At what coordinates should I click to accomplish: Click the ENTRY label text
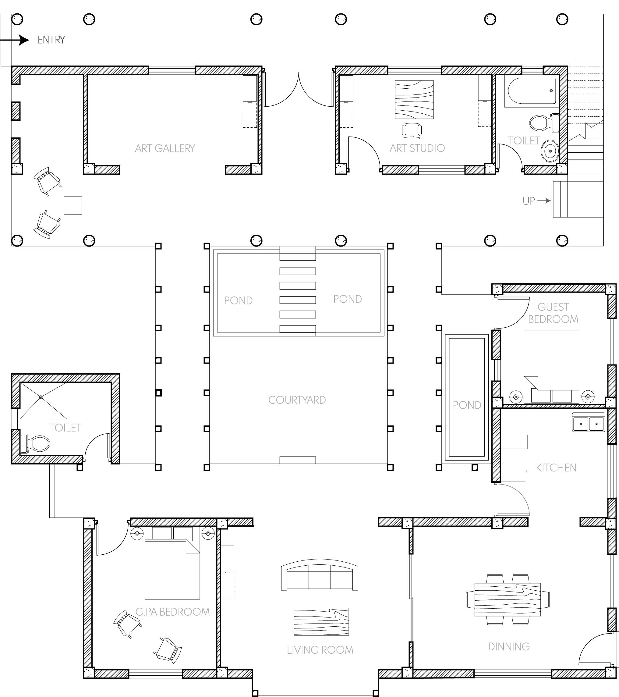tap(51, 40)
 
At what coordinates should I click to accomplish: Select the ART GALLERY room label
tap(165, 148)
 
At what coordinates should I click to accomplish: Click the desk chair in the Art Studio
tap(412, 131)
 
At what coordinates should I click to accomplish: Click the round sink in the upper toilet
tap(549, 150)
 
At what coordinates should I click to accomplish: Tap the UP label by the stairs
tap(529, 201)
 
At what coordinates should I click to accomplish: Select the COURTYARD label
tap(297, 400)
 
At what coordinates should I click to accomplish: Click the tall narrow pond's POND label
tap(467, 405)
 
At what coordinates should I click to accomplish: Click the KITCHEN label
tap(556, 468)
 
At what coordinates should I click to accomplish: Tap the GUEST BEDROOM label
tap(553, 313)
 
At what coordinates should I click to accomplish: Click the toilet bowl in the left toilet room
tap(38, 443)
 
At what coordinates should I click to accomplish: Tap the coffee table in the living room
tap(321, 622)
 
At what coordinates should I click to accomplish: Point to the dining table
tap(508, 599)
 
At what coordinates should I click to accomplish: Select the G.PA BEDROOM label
tap(172, 612)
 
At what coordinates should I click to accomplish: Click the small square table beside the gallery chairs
tap(73, 206)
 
